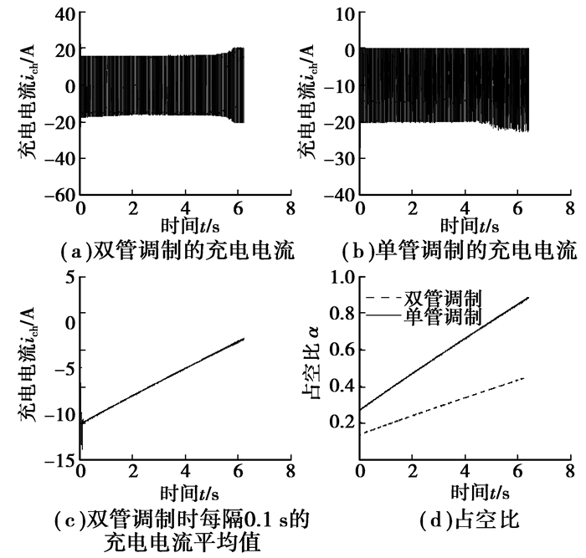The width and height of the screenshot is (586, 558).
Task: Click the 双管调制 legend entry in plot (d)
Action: pos(443,299)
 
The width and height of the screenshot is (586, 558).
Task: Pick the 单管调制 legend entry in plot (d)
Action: pos(443,316)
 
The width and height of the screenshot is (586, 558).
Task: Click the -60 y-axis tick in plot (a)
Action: pos(58,196)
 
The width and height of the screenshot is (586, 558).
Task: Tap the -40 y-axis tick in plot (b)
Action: pos(338,196)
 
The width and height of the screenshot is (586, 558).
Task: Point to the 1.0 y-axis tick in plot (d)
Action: pos(339,277)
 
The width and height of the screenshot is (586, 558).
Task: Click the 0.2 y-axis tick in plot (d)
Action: pos(339,422)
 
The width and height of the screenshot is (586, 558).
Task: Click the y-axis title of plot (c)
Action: pos(26,368)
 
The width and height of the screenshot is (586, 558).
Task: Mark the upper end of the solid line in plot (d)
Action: pos(529,297)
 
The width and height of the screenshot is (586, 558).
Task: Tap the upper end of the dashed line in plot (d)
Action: pos(524,378)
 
